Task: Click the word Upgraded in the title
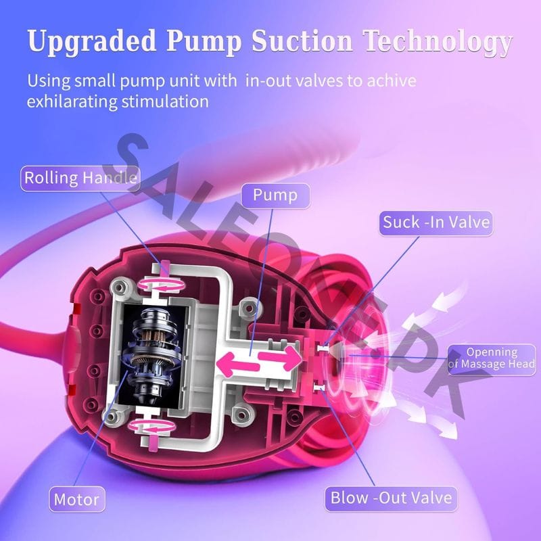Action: pos(92,42)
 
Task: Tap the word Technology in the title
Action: pos(438,42)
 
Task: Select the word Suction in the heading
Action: pos(302,41)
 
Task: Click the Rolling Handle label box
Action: pos(80,179)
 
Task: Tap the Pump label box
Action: pos(275,195)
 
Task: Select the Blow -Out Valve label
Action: pos(391,498)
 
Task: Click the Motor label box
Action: pos(77,499)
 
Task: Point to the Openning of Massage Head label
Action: pos(492,359)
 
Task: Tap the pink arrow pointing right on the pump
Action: pos(280,357)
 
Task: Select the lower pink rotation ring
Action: pos(151,427)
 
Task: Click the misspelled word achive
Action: pos(392,80)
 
